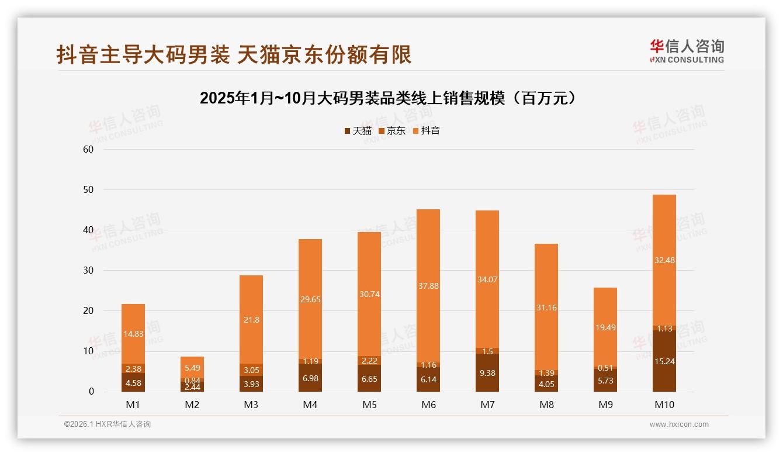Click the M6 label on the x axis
click(428, 405)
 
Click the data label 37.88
click(428, 286)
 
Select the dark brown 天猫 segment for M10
click(664, 361)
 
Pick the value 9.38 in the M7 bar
click(487, 373)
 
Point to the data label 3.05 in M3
click(251, 370)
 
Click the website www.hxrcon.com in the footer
click(679, 424)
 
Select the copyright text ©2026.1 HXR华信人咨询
click(108, 424)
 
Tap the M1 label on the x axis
click(133, 405)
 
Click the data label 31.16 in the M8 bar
click(546, 308)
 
